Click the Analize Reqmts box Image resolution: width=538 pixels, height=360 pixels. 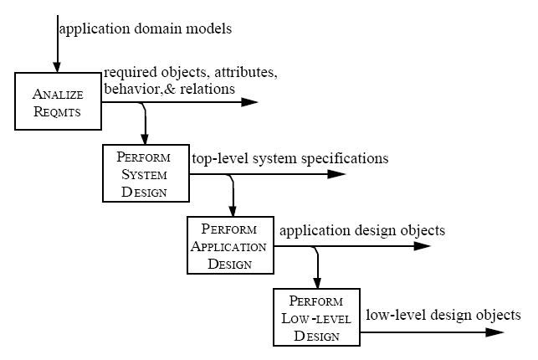[58, 100]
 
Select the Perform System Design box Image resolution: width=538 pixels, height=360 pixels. [145, 173]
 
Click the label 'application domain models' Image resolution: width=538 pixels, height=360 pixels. [145, 29]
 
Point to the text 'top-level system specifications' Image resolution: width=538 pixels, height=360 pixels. [289, 158]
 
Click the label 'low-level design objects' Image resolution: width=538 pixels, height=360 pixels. [443, 316]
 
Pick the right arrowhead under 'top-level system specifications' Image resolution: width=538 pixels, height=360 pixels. [336, 174]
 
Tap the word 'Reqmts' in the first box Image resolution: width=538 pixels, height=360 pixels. [58, 114]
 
